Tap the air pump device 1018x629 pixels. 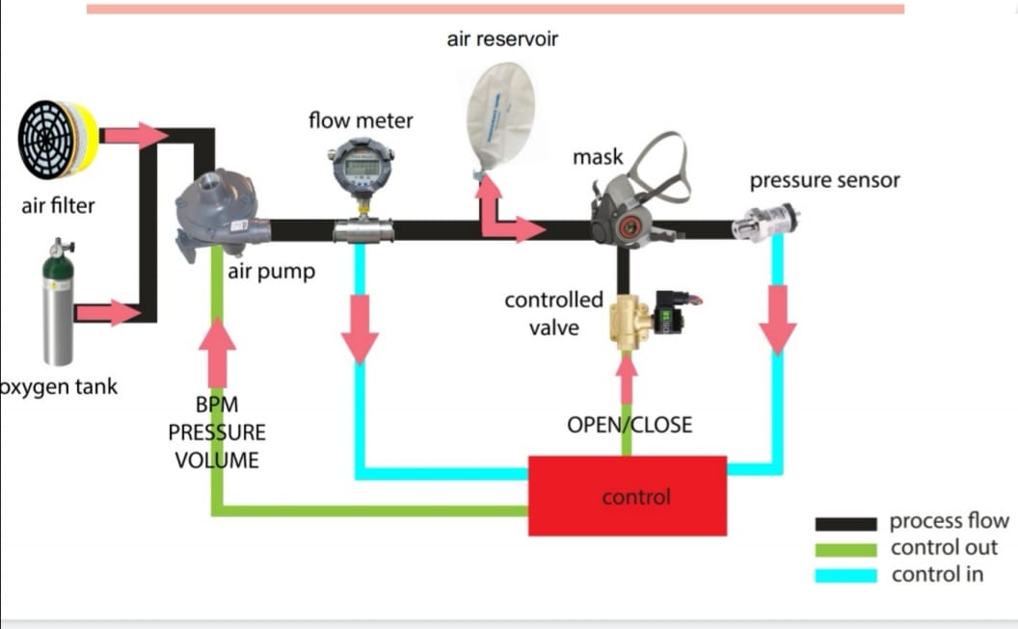(x=218, y=214)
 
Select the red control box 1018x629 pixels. (x=627, y=496)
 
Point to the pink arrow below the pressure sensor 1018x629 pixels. (x=778, y=320)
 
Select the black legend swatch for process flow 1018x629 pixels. (x=845, y=523)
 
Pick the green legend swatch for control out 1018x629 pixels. (x=845, y=549)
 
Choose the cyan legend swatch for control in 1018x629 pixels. (x=845, y=575)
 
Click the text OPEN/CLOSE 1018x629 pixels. (x=629, y=425)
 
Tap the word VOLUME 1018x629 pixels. (x=217, y=459)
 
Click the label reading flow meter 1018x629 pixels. (x=361, y=121)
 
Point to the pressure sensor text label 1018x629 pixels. (x=824, y=180)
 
